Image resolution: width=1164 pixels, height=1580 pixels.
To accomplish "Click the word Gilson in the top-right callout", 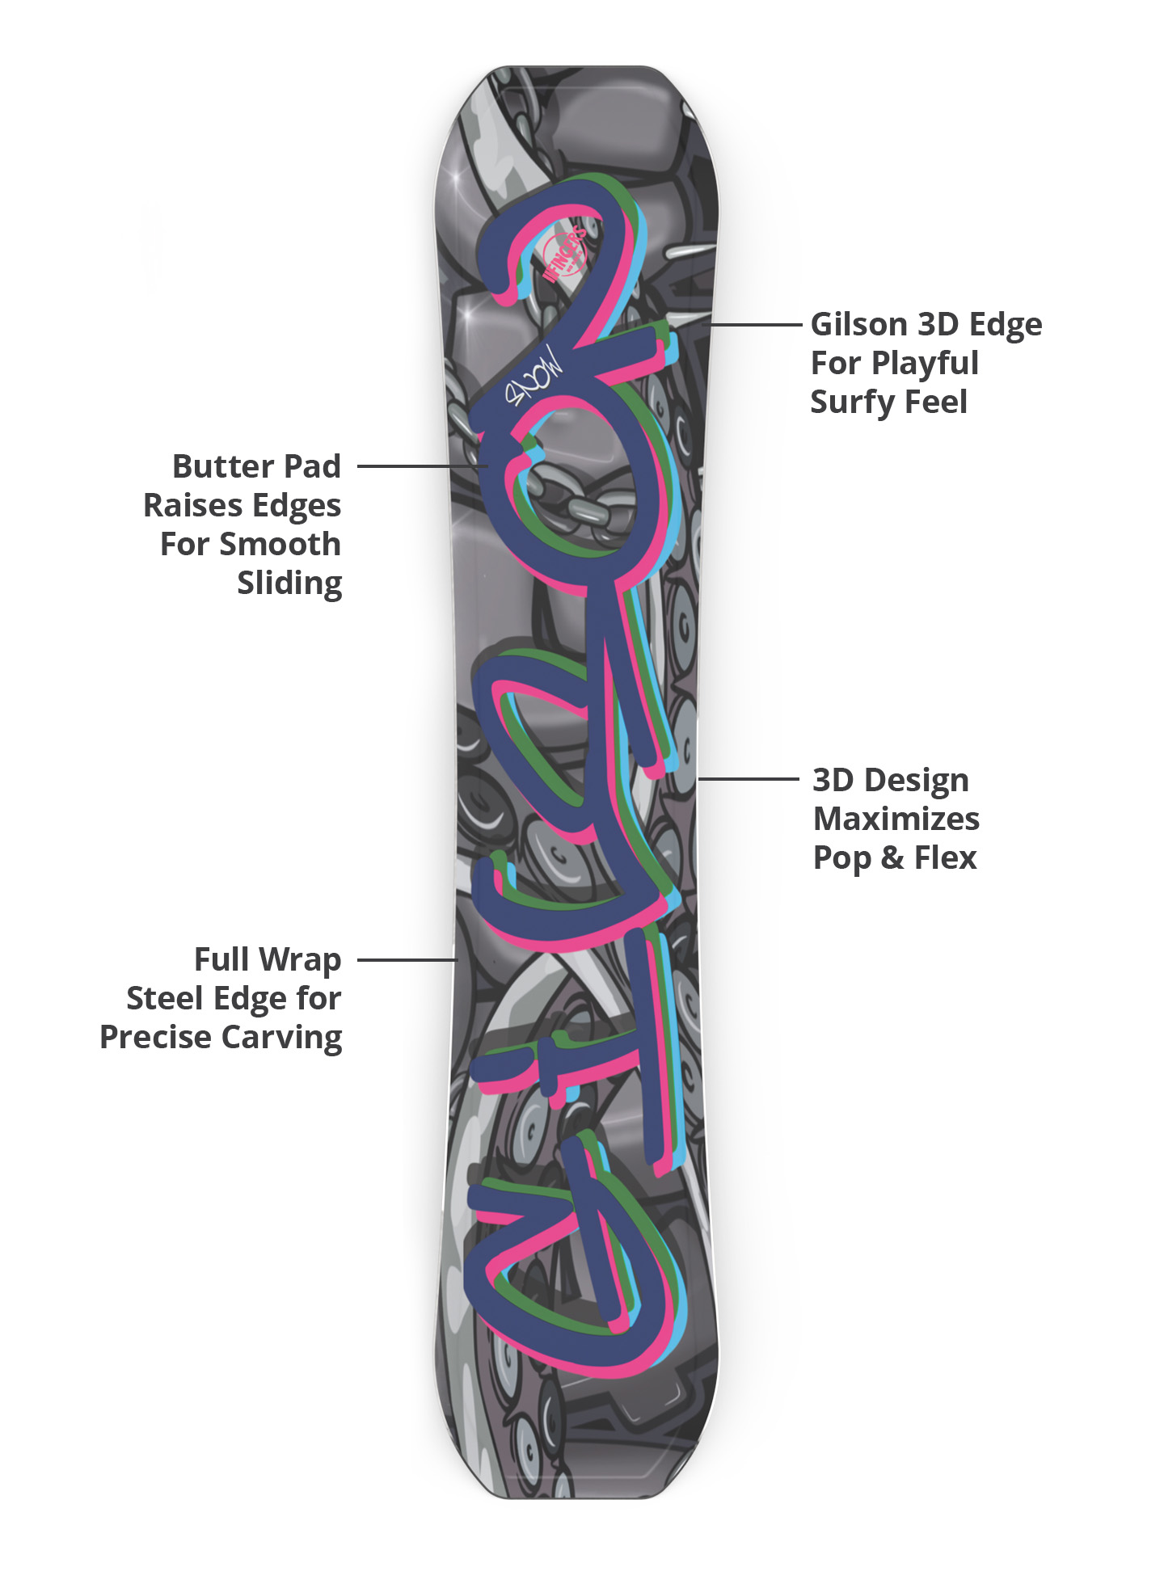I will tap(858, 325).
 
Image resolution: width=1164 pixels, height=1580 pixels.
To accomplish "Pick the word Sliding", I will tap(289, 583).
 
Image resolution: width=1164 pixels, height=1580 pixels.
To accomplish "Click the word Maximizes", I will tap(896, 819).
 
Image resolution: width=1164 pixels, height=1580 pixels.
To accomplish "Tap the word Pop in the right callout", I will tap(841, 857).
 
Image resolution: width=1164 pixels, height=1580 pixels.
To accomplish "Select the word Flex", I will tap(945, 857).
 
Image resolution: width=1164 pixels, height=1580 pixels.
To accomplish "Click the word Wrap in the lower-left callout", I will tap(300, 960).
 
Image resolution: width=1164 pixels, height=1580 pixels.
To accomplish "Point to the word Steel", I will tap(164, 999).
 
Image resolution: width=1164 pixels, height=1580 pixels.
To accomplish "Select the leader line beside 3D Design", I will tap(748, 779).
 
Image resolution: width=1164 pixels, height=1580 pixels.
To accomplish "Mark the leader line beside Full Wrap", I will tap(407, 960).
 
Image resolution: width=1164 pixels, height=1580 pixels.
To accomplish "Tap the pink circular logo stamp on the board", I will tap(565, 255).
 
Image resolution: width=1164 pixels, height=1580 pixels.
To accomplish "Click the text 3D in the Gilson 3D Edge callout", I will tap(938, 325).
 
